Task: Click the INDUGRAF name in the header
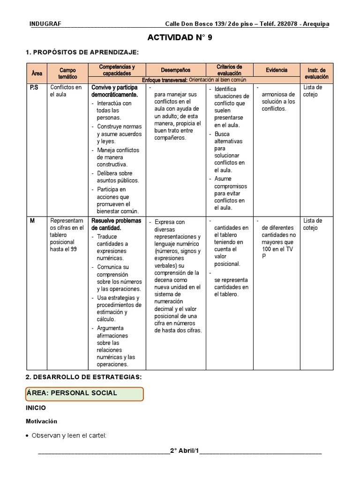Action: (45, 24)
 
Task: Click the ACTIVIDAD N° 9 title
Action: (180, 38)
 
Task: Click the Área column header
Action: (37, 73)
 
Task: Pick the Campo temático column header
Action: (68, 73)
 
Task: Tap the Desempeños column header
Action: (176, 70)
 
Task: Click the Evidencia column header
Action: (277, 70)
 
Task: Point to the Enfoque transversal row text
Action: (194, 80)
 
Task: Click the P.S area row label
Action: (34, 88)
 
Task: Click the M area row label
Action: (32, 221)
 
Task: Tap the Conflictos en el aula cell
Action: (66, 91)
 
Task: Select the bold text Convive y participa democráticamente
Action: (115, 91)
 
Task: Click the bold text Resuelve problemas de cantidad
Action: (116, 224)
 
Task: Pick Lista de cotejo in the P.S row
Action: (313, 91)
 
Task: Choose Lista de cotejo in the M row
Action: (313, 224)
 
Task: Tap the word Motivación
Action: (41, 421)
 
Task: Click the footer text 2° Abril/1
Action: (184, 451)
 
